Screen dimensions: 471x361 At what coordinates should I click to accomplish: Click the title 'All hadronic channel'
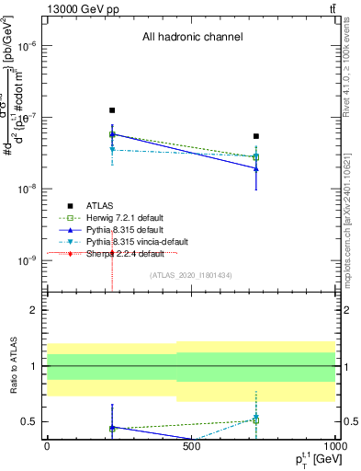tap(191, 38)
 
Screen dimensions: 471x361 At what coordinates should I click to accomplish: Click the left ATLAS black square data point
tap(112, 110)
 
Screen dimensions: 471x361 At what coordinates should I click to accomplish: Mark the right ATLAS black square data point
tap(256, 136)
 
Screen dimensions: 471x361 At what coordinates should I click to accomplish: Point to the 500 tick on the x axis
tap(191, 447)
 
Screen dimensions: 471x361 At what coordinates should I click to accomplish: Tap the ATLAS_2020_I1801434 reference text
tap(191, 275)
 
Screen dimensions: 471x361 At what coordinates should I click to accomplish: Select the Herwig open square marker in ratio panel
tap(256, 419)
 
